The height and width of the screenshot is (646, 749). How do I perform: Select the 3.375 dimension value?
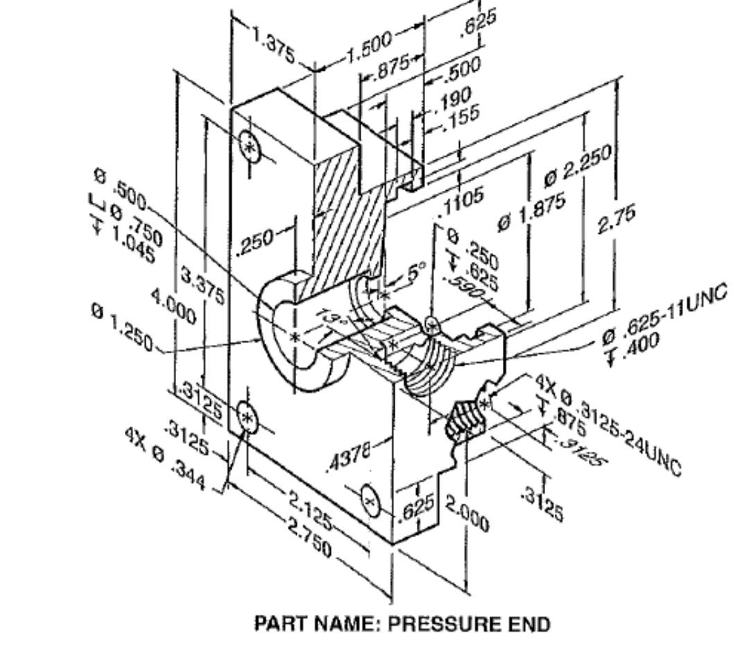pyautogui.click(x=202, y=286)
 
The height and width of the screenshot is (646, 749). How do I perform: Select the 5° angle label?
pyautogui.click(x=416, y=273)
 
